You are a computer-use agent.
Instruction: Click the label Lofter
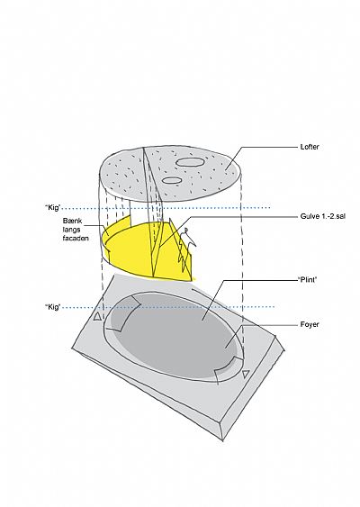click(x=310, y=147)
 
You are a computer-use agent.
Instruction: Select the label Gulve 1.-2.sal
click(x=322, y=216)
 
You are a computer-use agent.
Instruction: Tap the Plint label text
click(x=307, y=279)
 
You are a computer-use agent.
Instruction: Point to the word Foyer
click(x=310, y=324)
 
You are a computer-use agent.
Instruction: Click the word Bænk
click(x=72, y=222)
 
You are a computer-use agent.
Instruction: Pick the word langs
click(x=71, y=230)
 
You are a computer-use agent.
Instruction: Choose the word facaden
click(x=76, y=239)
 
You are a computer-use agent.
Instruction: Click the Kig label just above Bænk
click(x=53, y=208)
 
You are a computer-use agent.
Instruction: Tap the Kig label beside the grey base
click(x=53, y=307)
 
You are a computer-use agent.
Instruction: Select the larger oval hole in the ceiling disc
click(x=189, y=162)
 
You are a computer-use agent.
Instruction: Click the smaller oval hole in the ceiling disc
click(x=172, y=180)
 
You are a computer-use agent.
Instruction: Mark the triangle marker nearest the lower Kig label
click(x=97, y=317)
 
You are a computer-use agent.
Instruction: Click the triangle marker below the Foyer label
click(x=246, y=374)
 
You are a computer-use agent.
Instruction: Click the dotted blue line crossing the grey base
click(x=168, y=307)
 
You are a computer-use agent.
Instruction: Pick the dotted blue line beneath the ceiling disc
click(x=166, y=208)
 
